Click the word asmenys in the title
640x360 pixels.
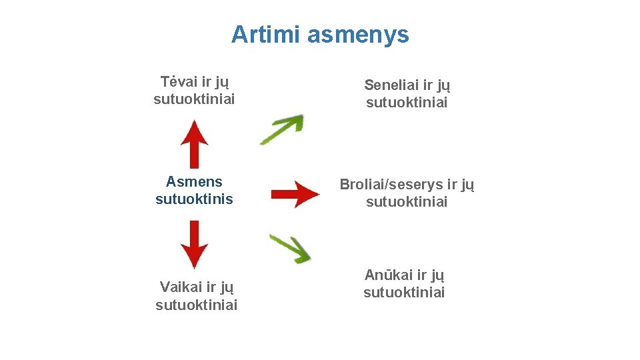coord(358,35)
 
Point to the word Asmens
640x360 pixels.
coord(194,181)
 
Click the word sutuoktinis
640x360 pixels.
coord(194,199)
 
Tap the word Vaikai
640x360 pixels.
coord(181,287)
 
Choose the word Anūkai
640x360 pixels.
coord(388,275)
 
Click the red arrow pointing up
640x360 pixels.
coord(194,143)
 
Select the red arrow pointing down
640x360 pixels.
coord(194,244)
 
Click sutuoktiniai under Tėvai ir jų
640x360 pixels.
coord(194,99)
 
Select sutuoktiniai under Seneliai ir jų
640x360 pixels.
coord(407,103)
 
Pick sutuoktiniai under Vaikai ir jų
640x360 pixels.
coord(196,305)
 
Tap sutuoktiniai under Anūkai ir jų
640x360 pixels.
coord(404,292)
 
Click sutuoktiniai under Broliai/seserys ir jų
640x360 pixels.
coord(407,201)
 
